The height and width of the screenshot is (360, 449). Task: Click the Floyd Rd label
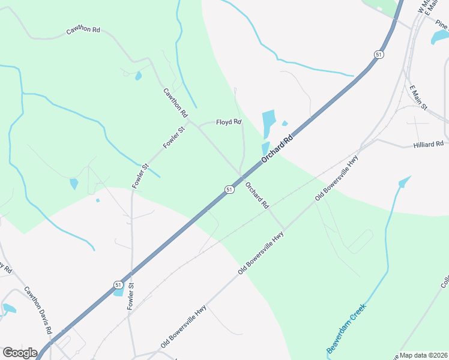coord(229,122)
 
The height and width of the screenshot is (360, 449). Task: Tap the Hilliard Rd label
coord(428,144)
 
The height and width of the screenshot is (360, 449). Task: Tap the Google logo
coord(20,353)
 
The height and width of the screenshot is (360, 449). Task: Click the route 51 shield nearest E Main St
coord(378,55)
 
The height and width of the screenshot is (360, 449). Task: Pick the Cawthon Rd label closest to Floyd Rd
coord(176,103)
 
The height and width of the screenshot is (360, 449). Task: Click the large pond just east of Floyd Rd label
coord(268,124)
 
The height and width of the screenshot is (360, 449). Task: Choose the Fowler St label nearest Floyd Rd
coord(173,137)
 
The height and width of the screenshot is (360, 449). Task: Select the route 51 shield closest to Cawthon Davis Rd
coord(118,285)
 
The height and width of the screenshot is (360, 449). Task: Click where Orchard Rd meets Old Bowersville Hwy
coord(283,229)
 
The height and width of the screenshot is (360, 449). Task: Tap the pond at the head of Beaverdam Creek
coord(405,181)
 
